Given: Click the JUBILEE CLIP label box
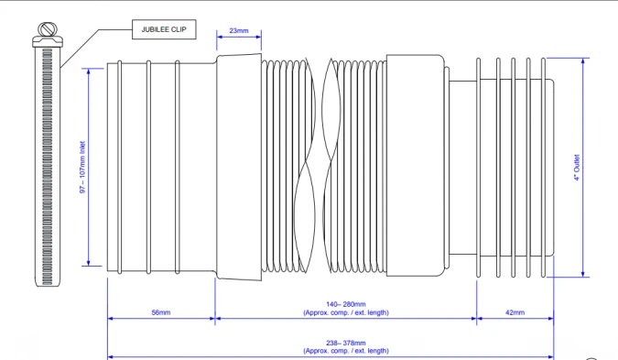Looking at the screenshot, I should [163, 29].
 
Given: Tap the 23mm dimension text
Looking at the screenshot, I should [238, 31].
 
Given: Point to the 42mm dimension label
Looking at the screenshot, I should [515, 312].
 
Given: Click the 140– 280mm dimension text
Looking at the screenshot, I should [345, 305].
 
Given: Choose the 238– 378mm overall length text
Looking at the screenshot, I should [345, 344].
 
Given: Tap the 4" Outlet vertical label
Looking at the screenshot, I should [576, 166].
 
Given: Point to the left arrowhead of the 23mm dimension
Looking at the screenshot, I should [219, 39].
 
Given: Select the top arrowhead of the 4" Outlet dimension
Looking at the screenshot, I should [583, 59].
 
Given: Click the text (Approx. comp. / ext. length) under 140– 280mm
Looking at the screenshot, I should [345, 313].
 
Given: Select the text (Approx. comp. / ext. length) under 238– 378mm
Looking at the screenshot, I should [345, 351].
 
